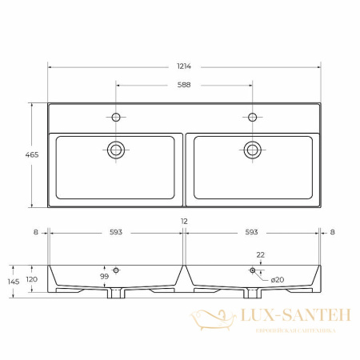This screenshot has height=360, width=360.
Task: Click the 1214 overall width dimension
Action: pos(184,66)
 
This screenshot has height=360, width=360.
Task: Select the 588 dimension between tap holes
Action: pos(184,85)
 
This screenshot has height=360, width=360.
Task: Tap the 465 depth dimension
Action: pos(32,154)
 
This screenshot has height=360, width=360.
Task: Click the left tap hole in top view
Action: pos(116,117)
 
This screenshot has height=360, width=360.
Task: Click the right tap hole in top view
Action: pos(252,117)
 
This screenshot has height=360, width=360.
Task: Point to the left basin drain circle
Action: pos(116,150)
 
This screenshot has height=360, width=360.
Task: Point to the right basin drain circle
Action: pos(252,150)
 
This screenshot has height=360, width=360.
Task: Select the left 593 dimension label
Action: pos(116,232)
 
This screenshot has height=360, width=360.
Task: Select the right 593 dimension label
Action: pos(251,232)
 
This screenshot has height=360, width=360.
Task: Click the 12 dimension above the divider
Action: pos(184,222)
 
